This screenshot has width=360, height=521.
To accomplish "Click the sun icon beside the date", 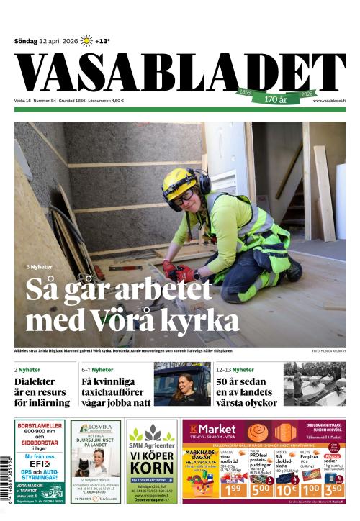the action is click(x=86, y=40).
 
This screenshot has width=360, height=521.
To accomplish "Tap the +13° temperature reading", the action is click(x=102, y=41).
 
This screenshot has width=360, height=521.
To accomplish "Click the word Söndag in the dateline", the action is click(x=26, y=41).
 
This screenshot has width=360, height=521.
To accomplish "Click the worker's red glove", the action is click(x=186, y=273).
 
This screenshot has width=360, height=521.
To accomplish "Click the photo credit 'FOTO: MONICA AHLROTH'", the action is click(x=328, y=351).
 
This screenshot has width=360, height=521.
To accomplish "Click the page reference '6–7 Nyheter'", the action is click(x=97, y=369).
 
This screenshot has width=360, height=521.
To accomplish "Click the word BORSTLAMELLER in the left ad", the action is click(x=40, y=426).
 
